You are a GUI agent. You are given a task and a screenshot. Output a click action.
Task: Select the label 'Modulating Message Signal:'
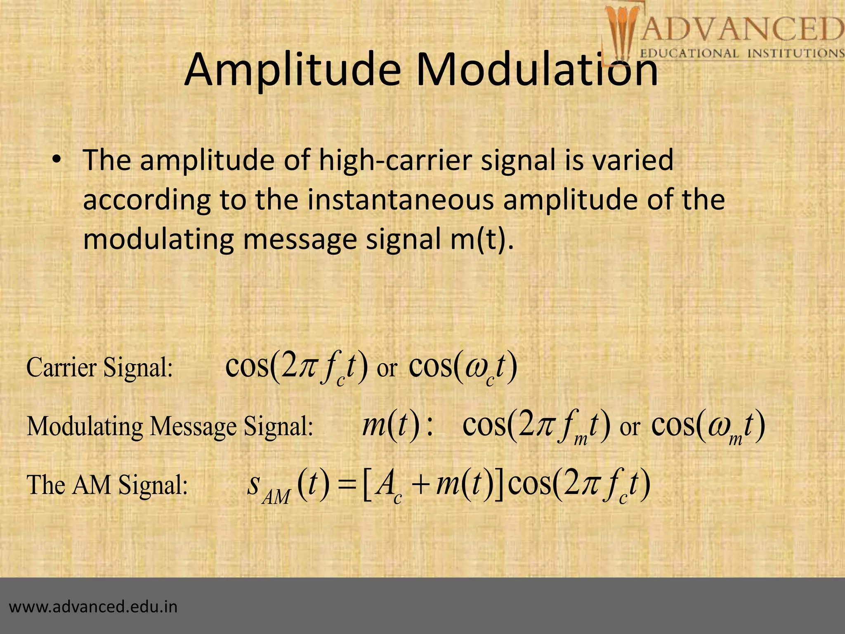pyautogui.click(x=170, y=426)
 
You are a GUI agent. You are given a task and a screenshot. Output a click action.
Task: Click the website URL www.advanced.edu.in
pyautogui.click(x=93, y=607)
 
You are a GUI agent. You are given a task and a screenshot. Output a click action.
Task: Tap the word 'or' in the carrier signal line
pyautogui.click(x=387, y=369)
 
